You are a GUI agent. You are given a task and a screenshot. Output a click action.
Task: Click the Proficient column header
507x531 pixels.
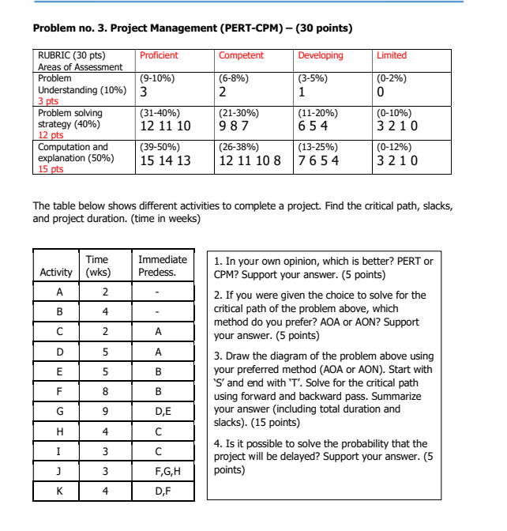159,55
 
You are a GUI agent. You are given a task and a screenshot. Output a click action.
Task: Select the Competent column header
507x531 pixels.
241,55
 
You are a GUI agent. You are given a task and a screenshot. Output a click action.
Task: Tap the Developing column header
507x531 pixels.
320,55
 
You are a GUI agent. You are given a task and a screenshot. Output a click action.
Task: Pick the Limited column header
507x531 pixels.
392,55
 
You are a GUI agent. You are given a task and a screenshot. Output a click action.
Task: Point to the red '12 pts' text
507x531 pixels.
51,135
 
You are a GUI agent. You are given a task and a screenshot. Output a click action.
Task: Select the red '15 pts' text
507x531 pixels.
51,169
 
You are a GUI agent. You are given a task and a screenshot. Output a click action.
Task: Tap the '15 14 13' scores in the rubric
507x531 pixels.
164,161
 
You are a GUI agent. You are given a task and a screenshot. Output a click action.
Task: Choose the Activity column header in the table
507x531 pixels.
56,273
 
